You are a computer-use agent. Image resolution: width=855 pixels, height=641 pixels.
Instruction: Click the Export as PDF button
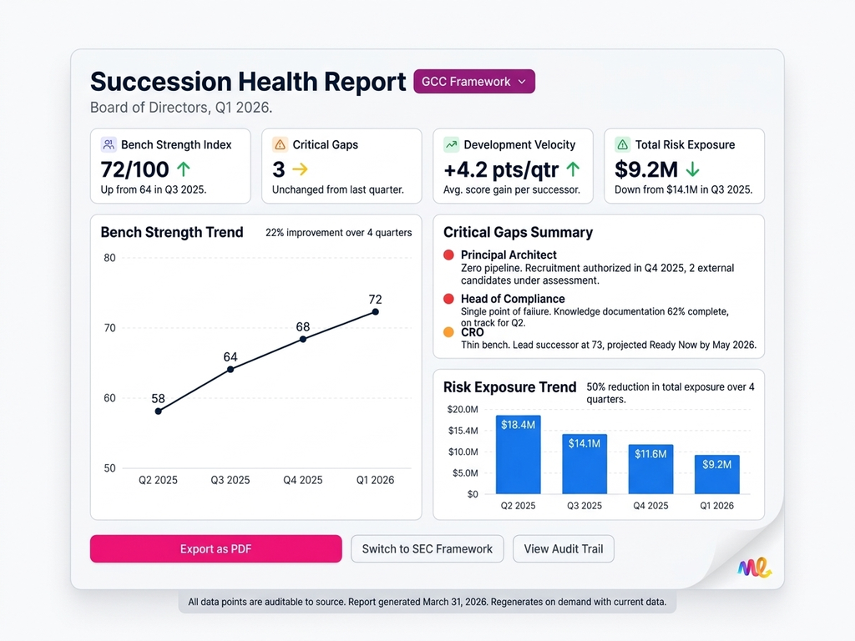coord(215,549)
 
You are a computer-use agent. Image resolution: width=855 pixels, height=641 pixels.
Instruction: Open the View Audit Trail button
coord(563,549)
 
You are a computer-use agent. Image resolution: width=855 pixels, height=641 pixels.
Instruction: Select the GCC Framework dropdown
coord(473,82)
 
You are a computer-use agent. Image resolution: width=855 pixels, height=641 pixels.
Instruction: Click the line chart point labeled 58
coord(159,411)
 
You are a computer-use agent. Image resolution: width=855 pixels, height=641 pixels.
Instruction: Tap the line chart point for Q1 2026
coord(375,311)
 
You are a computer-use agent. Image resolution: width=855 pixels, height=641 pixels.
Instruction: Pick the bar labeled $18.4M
coord(518,454)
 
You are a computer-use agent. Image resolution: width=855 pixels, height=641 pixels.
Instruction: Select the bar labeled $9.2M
coord(716,473)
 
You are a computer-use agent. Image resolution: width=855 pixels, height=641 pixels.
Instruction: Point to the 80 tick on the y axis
coord(109,258)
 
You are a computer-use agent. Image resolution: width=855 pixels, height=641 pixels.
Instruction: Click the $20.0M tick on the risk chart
coord(463,410)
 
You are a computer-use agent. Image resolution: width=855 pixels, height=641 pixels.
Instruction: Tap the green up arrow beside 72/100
coord(184,169)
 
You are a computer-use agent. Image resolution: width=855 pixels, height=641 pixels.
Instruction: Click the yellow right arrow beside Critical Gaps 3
coord(300,169)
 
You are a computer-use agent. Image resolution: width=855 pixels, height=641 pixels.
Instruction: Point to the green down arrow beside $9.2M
coord(692,169)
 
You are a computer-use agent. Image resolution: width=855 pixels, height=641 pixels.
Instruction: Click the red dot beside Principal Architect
coord(449,255)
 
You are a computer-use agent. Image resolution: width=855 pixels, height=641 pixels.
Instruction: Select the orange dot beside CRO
coord(449,332)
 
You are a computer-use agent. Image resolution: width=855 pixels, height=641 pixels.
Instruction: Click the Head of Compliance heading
coord(512,299)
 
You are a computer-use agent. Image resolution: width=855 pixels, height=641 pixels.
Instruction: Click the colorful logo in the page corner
coord(754,568)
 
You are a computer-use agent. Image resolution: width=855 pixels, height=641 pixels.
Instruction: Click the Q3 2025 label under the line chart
coord(230,480)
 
